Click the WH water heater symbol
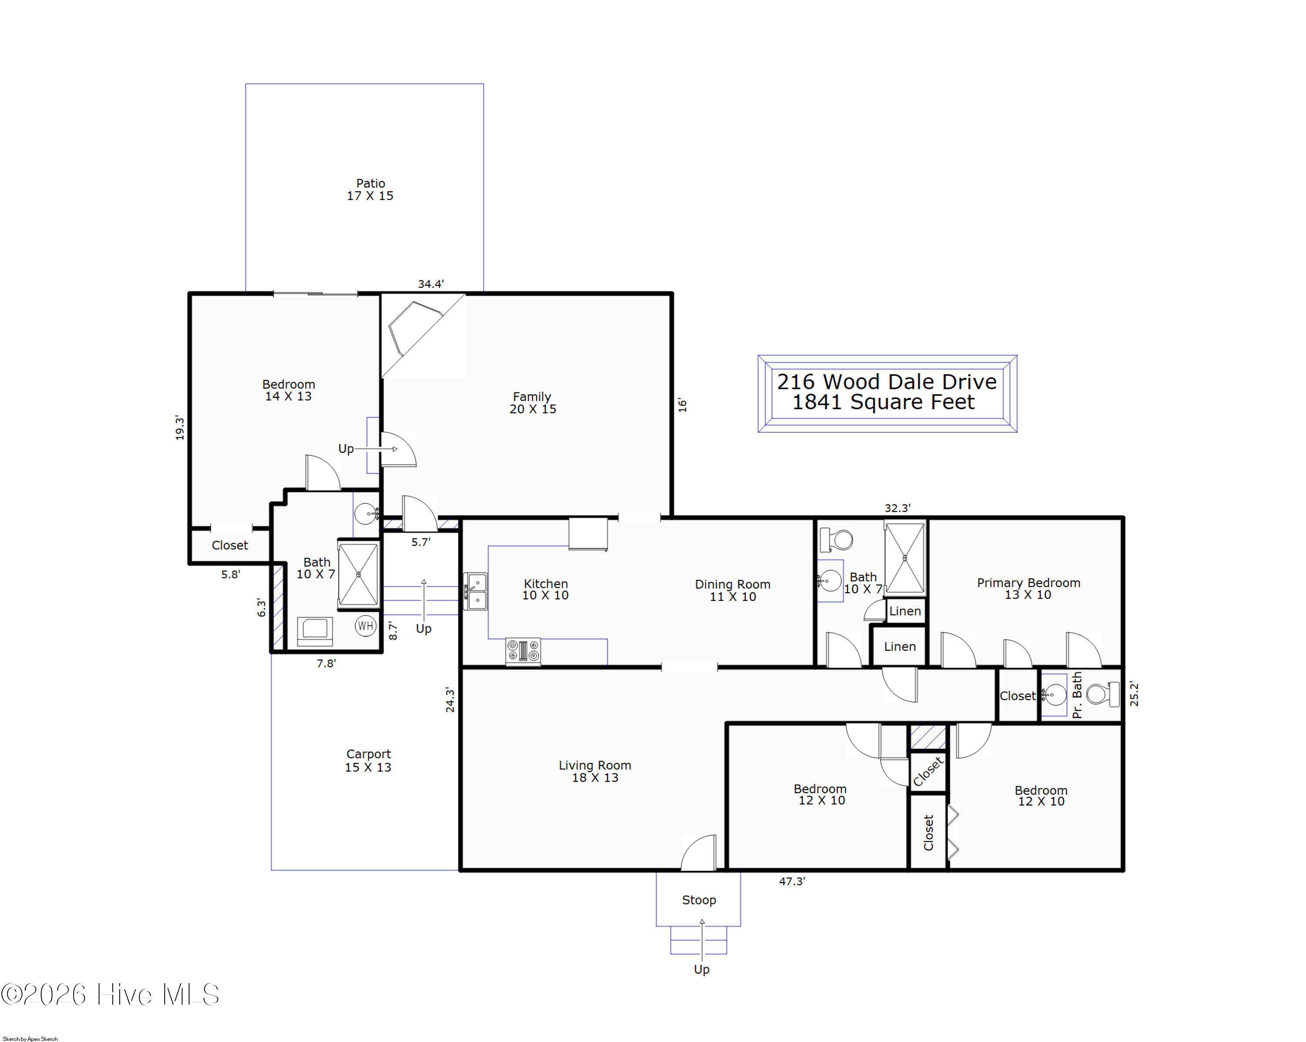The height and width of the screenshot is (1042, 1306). click(365, 626)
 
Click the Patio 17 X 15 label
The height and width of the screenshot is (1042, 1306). click(370, 189)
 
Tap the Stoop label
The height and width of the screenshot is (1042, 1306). click(699, 900)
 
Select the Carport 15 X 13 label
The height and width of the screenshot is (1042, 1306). click(368, 760)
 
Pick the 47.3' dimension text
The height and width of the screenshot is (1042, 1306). click(792, 881)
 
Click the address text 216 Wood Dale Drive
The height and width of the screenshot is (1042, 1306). click(887, 382)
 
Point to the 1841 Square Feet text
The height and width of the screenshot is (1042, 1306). click(884, 402)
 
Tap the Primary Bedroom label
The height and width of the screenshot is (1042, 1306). click(1029, 583)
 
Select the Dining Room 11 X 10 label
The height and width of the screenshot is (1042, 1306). click(733, 590)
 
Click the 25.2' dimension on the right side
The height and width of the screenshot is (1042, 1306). click(1134, 694)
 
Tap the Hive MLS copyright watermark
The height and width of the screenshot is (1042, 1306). click(110, 994)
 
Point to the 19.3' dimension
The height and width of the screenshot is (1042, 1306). click(179, 428)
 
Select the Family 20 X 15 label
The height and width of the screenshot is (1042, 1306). click(532, 403)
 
